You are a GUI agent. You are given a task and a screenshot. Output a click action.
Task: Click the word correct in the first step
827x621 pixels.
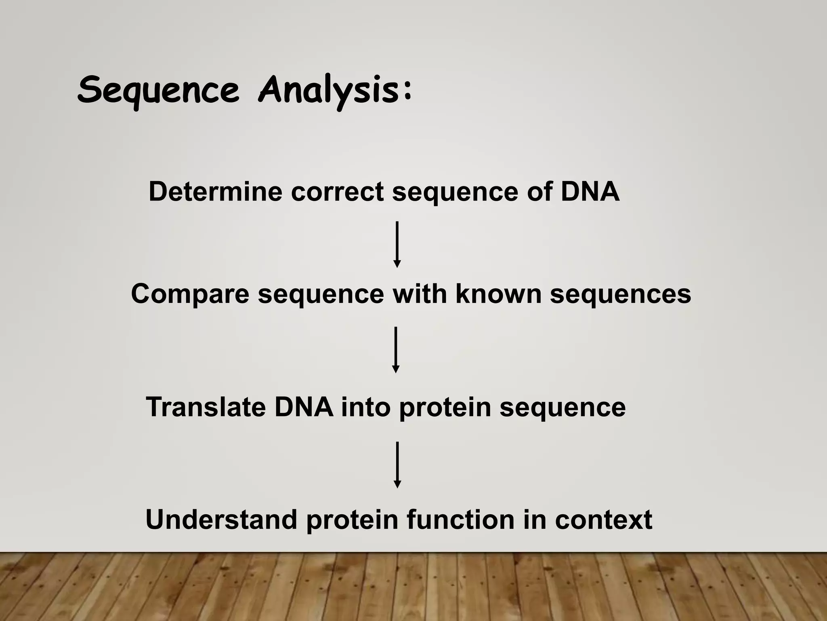[337, 192]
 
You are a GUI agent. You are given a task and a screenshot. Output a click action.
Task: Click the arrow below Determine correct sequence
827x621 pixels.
[397, 244]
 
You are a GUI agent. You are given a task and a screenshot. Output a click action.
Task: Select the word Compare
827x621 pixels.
[190, 294]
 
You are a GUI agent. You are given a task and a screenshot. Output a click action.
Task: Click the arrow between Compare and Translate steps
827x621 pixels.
[396, 350]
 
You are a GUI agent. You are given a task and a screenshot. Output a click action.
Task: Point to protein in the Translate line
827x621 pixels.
[445, 408]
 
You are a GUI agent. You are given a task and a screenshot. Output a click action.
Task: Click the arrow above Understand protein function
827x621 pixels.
[397, 465]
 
